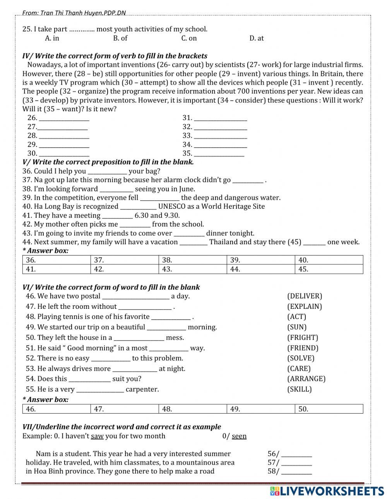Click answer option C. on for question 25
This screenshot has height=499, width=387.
(x=189, y=38)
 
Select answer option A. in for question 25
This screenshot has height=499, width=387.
(x=52, y=38)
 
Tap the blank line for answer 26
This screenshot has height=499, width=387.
(x=64, y=118)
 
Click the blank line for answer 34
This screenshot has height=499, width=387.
(x=220, y=145)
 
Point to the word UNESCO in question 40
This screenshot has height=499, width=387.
(x=171, y=206)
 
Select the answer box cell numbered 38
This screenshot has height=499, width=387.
(x=192, y=260)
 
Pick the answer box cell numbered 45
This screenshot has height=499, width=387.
(x=329, y=269)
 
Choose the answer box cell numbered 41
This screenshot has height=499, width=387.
(x=57, y=269)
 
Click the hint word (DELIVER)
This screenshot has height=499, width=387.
(x=305, y=296)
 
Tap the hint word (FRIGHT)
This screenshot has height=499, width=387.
(x=303, y=338)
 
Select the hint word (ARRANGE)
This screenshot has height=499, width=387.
(x=306, y=379)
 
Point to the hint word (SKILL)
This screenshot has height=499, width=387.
(x=299, y=390)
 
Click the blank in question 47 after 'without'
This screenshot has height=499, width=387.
(x=145, y=307)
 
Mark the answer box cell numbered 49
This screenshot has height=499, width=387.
(x=260, y=409)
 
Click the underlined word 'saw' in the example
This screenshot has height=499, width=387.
(x=97, y=436)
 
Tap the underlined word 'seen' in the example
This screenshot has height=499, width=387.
(x=239, y=436)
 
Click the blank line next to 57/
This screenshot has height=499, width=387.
(x=296, y=463)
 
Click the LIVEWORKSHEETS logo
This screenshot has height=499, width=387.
(x=327, y=491)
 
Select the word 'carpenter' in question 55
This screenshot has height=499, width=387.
(x=142, y=390)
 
